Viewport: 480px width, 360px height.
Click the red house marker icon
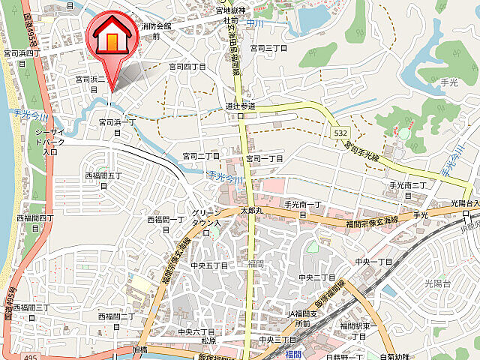110,37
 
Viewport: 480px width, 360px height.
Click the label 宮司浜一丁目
118,125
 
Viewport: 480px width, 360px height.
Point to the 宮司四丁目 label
187,66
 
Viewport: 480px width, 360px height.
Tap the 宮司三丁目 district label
268,47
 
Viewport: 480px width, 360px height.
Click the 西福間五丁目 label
103,181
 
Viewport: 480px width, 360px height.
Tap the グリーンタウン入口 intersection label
208,217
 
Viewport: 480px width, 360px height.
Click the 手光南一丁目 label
302,208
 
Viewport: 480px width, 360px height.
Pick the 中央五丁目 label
208,265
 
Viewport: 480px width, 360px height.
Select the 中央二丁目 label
316,277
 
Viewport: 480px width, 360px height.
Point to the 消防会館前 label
155,30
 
